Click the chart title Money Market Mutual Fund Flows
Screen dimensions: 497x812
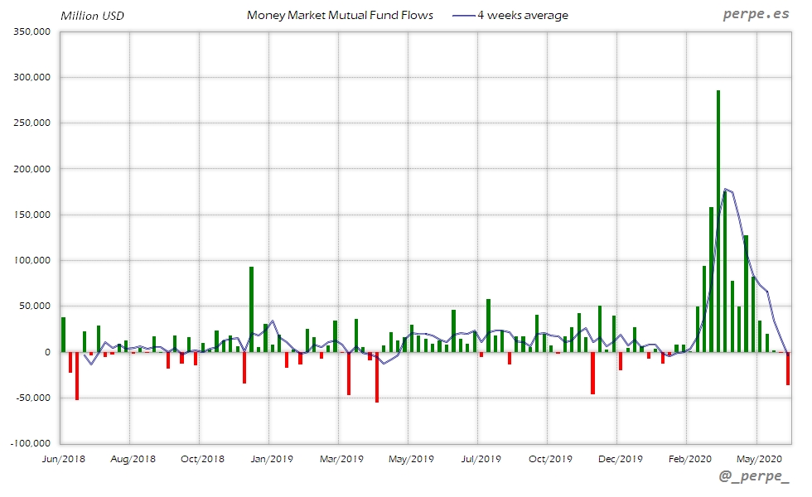340,15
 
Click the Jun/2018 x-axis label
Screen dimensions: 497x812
63,458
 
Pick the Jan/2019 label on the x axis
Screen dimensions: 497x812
272,458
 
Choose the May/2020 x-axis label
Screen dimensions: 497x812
759,458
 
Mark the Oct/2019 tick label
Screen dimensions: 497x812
550,458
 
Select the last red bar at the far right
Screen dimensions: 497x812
788,369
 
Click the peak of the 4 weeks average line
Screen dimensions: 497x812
725,189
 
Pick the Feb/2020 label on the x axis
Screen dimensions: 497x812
689,458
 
